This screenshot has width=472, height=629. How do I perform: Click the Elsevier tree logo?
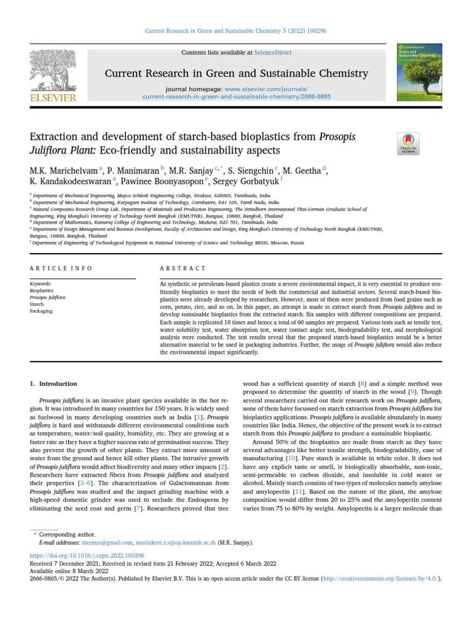point(53,69)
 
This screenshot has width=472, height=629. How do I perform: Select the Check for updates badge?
point(408,143)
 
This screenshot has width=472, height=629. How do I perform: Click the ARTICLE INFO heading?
point(61,268)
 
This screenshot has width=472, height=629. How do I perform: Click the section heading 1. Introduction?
point(53,383)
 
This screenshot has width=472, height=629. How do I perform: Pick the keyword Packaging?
point(41,311)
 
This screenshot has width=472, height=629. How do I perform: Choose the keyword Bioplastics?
point(42,291)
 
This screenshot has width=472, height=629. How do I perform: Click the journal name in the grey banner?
point(237,74)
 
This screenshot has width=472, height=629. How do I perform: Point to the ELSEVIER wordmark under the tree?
point(53,98)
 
